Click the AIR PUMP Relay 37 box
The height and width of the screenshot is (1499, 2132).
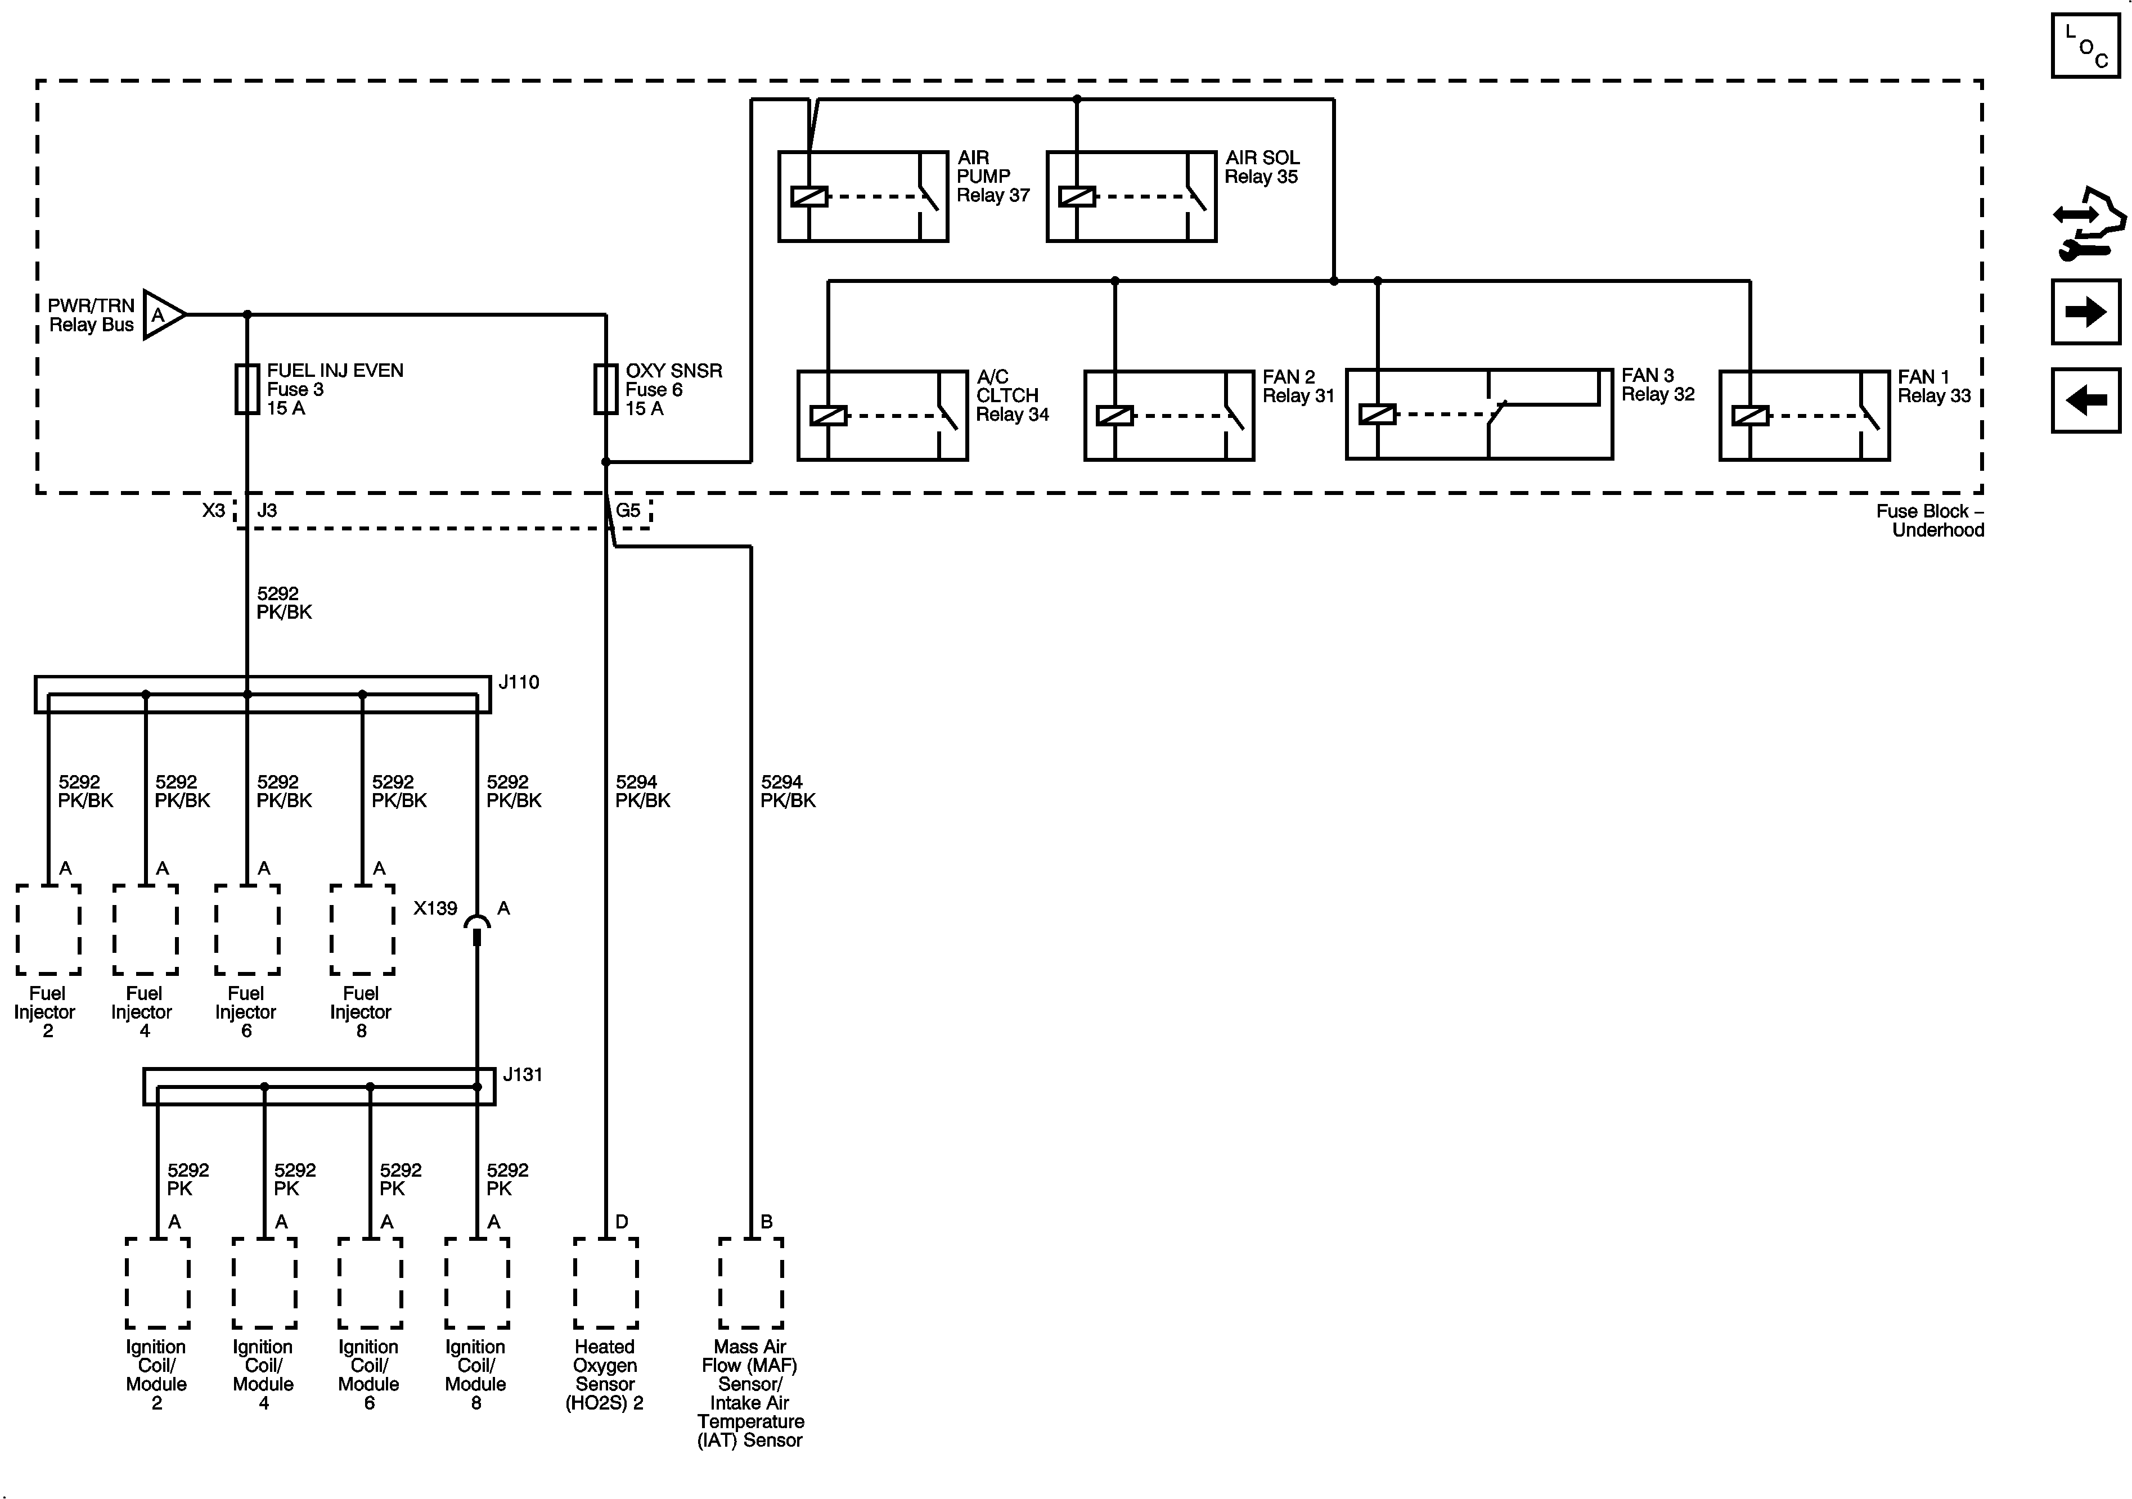(862, 197)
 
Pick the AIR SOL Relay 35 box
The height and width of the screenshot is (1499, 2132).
(1131, 197)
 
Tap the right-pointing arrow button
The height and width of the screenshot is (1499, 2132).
(2085, 312)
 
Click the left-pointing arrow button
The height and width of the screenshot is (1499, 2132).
(2085, 400)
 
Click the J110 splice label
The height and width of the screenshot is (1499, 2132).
(518, 683)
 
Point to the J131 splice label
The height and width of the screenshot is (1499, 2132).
(522, 1074)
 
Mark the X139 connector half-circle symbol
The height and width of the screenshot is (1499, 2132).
(477, 923)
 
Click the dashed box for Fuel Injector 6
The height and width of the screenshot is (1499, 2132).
(247, 929)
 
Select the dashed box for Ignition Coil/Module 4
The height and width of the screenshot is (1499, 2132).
(264, 1282)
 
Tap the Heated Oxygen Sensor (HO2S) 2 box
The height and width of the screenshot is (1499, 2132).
(605, 1282)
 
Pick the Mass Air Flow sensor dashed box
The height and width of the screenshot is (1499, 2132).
(750, 1282)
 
